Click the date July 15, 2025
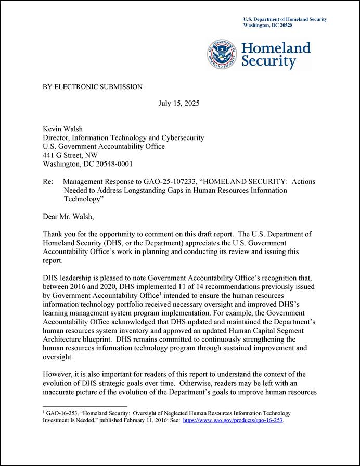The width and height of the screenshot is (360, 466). (x=178, y=103)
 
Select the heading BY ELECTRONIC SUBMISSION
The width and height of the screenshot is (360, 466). (x=92, y=87)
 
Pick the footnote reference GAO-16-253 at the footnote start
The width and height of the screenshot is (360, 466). (x=59, y=412)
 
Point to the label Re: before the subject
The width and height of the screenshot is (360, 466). (x=48, y=182)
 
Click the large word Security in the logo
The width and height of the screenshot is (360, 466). (x=268, y=61)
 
